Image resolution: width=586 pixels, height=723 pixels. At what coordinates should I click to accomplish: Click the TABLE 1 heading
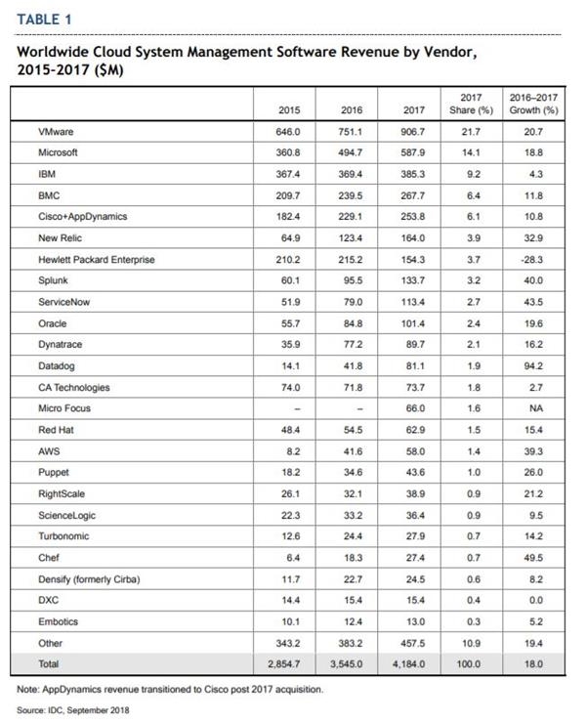[x=44, y=20]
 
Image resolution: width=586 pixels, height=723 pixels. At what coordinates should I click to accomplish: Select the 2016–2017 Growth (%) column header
[x=533, y=104]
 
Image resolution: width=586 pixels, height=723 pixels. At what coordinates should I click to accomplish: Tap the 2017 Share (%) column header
[x=471, y=104]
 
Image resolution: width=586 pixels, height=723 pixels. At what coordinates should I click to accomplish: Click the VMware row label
[x=56, y=132]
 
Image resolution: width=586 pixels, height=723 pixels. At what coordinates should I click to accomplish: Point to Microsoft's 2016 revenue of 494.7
[x=350, y=152]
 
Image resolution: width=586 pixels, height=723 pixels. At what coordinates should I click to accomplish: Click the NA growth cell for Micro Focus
[x=536, y=408]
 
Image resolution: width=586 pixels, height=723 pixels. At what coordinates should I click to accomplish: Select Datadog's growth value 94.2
[x=533, y=366]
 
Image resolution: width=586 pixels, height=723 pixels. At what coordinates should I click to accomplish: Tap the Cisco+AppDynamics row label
[x=83, y=217]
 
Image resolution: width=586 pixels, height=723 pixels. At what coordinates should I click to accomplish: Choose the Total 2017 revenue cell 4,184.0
[x=408, y=664]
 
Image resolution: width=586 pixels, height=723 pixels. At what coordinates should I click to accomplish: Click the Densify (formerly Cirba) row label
[x=89, y=579]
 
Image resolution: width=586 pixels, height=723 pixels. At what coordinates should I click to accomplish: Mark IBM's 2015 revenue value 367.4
[x=288, y=174]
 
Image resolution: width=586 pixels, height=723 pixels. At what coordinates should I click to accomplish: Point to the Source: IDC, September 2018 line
[x=73, y=710]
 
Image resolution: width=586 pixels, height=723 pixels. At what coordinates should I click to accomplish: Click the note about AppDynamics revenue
[x=170, y=690]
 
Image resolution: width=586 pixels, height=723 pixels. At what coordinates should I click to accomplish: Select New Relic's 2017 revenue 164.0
[x=413, y=238]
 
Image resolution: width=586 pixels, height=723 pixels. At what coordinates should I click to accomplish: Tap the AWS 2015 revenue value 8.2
[x=293, y=451]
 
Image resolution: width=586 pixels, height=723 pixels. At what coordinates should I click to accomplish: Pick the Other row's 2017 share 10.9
[x=471, y=643]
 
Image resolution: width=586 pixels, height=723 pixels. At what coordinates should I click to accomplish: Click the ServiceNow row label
[x=64, y=303]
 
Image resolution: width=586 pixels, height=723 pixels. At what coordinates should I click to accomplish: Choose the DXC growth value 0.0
[x=536, y=600]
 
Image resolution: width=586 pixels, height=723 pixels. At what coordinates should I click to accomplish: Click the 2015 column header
[x=289, y=110]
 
